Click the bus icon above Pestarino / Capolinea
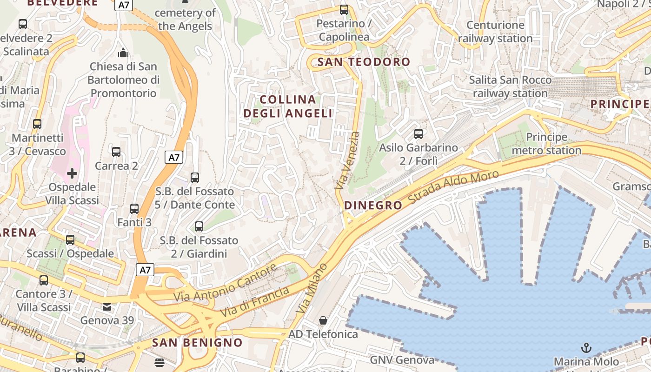[344, 9]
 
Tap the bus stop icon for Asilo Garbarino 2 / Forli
[418, 134]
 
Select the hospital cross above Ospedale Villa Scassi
[72, 174]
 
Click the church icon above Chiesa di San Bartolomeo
[123, 53]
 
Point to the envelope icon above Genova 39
[107, 307]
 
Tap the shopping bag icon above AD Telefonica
[323, 320]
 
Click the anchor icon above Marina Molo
[586, 348]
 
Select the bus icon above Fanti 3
[134, 209]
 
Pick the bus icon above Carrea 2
[116, 152]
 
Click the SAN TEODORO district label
[364, 62]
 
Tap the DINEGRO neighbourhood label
[373, 206]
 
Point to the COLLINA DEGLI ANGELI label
[288, 106]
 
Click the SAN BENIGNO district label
[197, 343]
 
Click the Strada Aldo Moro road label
[453, 186]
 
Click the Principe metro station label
[546, 144]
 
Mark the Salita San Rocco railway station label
[510, 86]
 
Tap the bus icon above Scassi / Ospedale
[70, 240]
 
